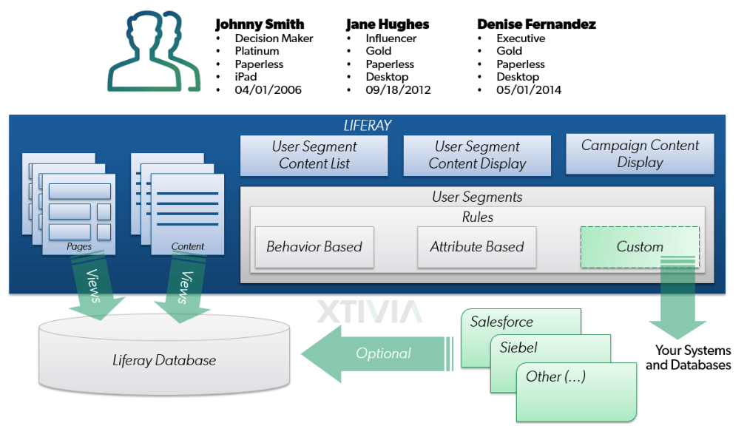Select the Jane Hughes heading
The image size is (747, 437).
(388, 24)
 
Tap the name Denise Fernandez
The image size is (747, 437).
(536, 24)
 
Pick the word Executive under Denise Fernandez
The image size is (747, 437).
(521, 38)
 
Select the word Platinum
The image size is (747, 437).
(257, 51)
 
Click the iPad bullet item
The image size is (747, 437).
(246, 77)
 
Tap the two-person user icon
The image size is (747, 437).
(154, 52)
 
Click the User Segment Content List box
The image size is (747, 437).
(314, 155)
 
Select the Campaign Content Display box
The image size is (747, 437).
(640, 154)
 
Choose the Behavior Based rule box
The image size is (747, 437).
(314, 246)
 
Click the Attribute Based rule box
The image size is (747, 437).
(477, 246)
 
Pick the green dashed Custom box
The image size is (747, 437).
(640, 246)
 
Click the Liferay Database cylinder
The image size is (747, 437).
(164, 360)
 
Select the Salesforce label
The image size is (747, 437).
(501, 322)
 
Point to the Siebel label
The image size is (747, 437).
(518, 348)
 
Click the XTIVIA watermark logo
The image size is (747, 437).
(369, 311)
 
